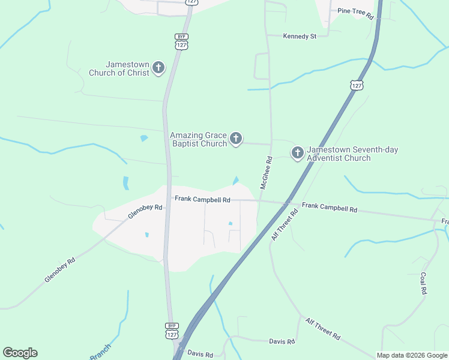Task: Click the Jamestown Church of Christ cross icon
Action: (x=158, y=67)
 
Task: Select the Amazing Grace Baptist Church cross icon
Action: (x=236, y=139)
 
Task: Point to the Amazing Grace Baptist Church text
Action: (x=199, y=139)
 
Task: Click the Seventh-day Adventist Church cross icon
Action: (x=297, y=154)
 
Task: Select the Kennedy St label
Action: (x=300, y=36)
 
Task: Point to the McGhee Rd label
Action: (x=266, y=173)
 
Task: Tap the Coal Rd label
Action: (x=423, y=283)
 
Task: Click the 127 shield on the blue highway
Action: (x=357, y=85)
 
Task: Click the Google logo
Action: (x=20, y=353)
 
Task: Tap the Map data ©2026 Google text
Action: (x=412, y=355)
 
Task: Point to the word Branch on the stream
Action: (x=100, y=352)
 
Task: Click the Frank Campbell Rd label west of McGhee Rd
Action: (x=202, y=199)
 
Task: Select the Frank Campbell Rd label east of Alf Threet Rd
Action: (x=330, y=208)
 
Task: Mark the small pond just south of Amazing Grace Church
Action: (x=236, y=181)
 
